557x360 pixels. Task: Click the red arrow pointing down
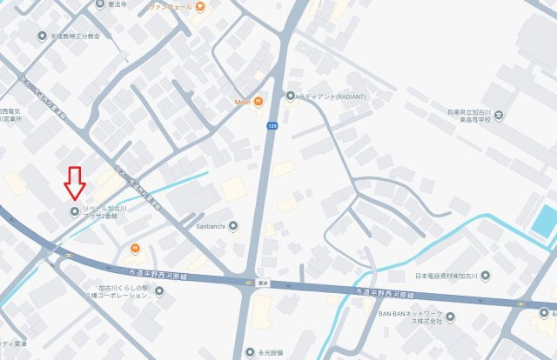pos(74,183)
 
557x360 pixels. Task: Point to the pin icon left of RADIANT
pos(291,97)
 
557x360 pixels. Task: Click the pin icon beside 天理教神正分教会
pos(43,37)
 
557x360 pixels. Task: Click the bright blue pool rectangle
pos(544,221)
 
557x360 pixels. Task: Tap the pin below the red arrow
pos(74,211)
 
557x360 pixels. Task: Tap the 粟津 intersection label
pos(250,283)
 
